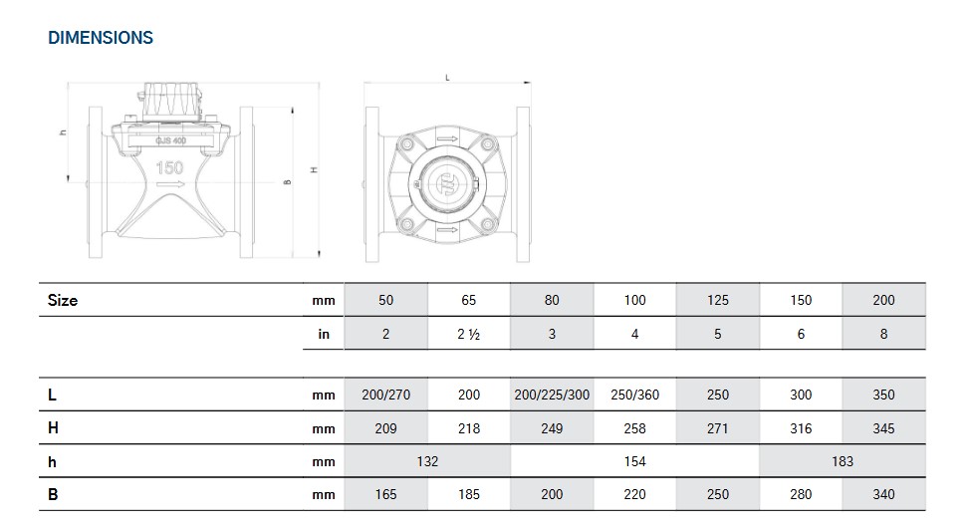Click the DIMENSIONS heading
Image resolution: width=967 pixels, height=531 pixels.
click(x=101, y=38)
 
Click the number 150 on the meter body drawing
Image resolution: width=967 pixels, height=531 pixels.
click(x=170, y=167)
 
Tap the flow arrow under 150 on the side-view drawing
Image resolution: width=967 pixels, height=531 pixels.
click(x=170, y=185)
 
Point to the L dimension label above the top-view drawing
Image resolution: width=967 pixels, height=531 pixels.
click(x=447, y=78)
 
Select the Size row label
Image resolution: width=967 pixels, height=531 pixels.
click(x=63, y=300)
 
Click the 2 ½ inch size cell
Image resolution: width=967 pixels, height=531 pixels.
click(x=469, y=335)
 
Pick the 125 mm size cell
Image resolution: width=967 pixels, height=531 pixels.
click(x=717, y=300)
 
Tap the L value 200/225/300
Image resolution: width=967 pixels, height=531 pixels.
click(x=552, y=395)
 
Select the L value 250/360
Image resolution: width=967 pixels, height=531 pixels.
click(x=634, y=395)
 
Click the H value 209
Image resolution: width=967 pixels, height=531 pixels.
click(x=385, y=428)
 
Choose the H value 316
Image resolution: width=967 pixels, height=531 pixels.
click(x=801, y=428)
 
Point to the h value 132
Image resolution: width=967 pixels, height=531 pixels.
click(x=426, y=461)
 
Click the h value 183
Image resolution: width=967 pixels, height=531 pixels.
click(x=842, y=461)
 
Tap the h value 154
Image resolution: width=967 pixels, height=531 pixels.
click(x=634, y=461)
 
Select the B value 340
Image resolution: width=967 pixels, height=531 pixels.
click(x=883, y=494)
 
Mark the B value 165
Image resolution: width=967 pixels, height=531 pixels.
click(x=385, y=494)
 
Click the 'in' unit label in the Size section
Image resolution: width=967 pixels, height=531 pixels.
click(x=324, y=335)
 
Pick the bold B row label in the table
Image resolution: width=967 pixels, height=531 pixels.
click(x=53, y=494)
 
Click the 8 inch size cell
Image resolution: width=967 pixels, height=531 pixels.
click(x=883, y=335)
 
